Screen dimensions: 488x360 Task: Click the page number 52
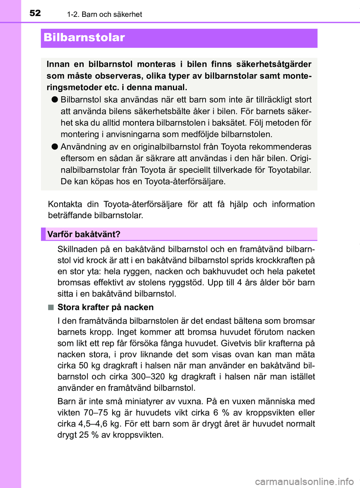pos(35,13)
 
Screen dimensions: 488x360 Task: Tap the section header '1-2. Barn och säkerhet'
pos(104,14)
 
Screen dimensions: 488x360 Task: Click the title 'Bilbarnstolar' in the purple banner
pos(84,37)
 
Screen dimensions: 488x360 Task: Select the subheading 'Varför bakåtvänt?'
pos(84,234)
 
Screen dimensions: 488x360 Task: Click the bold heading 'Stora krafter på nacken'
pos(105,307)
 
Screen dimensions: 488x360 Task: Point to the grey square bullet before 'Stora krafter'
pos(51,307)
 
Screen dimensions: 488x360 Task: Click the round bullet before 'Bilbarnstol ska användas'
pos(54,100)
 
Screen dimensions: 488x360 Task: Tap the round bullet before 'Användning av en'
pos(54,147)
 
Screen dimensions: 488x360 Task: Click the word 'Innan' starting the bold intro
pos(58,64)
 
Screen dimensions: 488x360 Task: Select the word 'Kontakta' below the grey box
pos(65,204)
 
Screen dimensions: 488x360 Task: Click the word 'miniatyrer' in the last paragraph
pos(144,401)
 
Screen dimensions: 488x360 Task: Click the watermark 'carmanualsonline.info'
pos(304,481)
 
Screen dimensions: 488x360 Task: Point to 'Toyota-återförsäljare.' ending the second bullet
pos(185,182)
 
